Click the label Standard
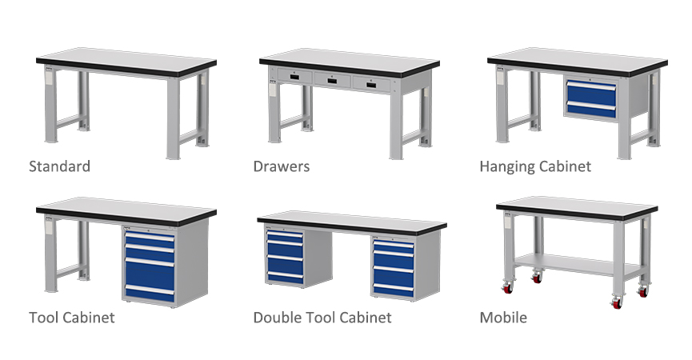[59, 166]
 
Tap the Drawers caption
[282, 166]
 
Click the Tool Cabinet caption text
[72, 318]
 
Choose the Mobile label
[503, 318]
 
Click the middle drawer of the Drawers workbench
[333, 81]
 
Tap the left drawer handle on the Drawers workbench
[294, 78]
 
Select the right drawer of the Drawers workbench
[371, 84]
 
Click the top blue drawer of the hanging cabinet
[591, 91]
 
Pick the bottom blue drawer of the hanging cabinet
[591, 110]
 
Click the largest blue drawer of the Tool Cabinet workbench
[150, 275]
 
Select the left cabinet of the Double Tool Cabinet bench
[298, 257]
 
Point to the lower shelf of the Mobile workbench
[578, 264]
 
